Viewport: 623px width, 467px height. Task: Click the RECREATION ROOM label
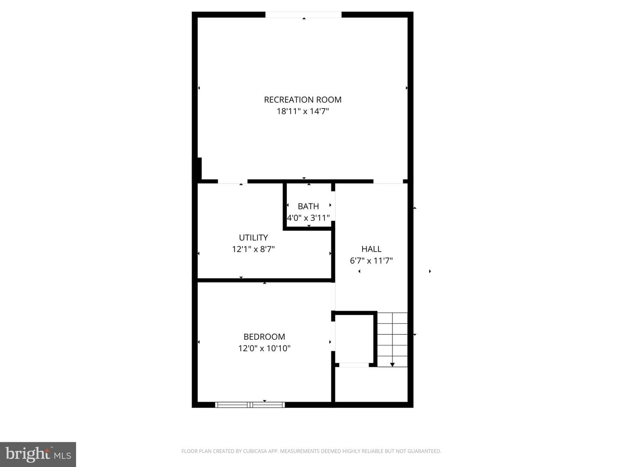tap(302, 100)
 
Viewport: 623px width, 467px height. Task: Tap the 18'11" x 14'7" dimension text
tap(302, 111)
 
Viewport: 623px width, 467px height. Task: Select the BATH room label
tap(308, 206)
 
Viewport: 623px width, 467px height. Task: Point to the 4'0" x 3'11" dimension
tap(308, 218)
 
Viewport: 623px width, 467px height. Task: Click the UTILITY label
tap(253, 237)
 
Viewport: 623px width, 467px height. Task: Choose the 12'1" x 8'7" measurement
tap(253, 249)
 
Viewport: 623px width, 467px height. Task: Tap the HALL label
tap(371, 249)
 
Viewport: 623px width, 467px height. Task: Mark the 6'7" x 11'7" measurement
tap(371, 261)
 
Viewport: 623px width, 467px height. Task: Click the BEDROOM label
tap(264, 336)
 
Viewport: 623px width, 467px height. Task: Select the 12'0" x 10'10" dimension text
tap(264, 348)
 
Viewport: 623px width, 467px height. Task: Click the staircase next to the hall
tap(392, 340)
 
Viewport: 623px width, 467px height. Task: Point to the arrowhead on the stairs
tap(392, 365)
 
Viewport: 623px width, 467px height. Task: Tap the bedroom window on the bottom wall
tap(250, 405)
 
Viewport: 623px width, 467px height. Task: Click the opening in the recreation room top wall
tap(303, 15)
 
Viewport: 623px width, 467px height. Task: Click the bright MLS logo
tap(38, 454)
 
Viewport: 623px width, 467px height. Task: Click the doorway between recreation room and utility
tap(233, 182)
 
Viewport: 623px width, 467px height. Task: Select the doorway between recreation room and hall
tap(388, 182)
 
